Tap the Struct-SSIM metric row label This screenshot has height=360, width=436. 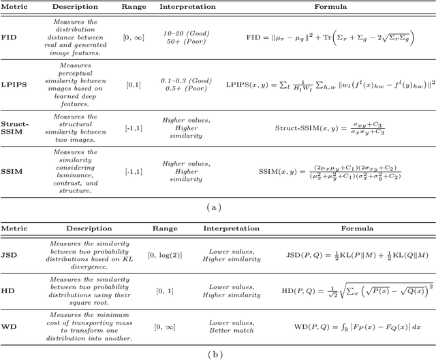coord(15,127)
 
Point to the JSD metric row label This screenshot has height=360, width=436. coord(10,256)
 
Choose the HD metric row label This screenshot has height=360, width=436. coord(9,292)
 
